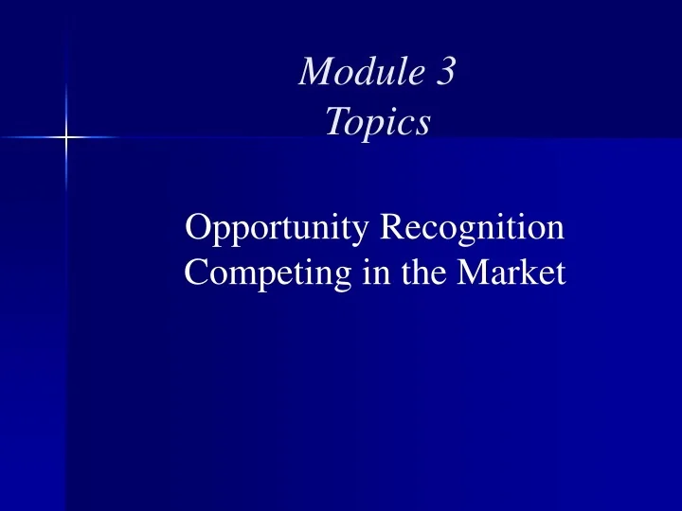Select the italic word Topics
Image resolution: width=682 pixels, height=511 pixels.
click(x=377, y=121)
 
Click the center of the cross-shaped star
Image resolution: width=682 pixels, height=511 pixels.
click(x=66, y=138)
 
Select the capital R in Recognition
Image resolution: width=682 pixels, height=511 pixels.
click(x=391, y=228)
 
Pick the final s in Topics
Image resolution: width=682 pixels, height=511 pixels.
click(x=423, y=122)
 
